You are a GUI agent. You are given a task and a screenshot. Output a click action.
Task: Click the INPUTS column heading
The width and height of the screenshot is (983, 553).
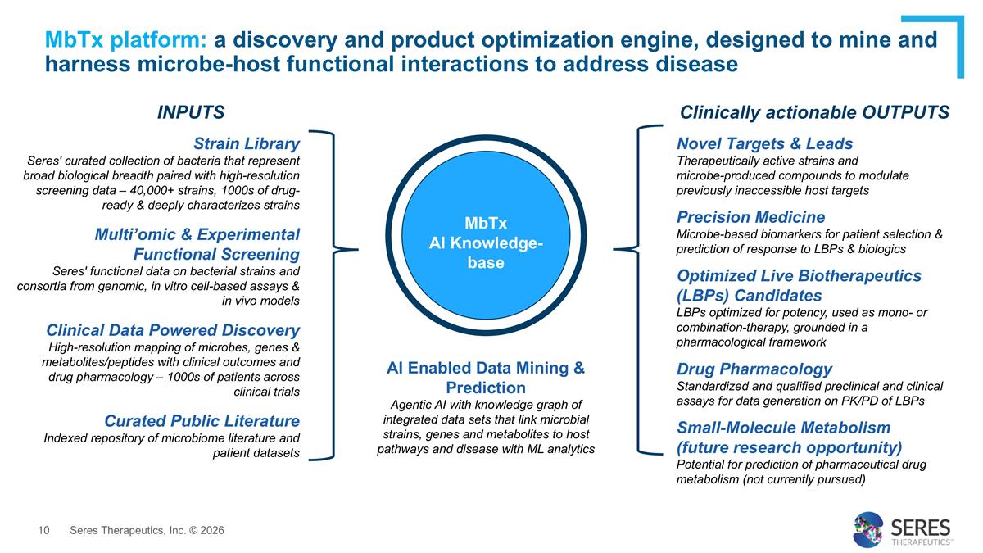pos(191,112)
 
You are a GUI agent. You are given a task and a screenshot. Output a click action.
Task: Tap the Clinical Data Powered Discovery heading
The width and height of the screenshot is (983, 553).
pos(173,330)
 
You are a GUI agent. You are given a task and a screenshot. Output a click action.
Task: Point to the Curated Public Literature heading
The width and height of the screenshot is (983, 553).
pos(202,421)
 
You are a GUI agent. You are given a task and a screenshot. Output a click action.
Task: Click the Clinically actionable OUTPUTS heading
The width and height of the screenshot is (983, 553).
pos(815,112)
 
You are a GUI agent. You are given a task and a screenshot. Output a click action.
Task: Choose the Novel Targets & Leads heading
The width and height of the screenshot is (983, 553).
pos(764,143)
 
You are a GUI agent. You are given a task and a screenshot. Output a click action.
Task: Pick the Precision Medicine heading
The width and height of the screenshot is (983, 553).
pos(750,217)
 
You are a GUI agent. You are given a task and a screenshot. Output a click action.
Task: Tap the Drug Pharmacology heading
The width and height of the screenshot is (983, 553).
pos(754,369)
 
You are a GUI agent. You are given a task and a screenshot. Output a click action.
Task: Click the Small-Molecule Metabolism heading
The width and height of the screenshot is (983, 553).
pos(783,428)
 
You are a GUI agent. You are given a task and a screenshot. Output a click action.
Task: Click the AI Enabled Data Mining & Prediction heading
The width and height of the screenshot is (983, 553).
pos(486,378)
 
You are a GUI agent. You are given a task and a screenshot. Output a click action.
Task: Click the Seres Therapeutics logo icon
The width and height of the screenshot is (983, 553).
pos(868,529)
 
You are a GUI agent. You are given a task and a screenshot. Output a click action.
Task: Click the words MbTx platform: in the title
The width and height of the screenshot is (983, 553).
pos(127,39)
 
